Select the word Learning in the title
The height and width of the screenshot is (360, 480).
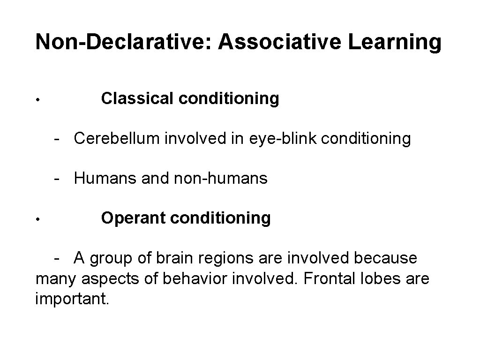click(402, 42)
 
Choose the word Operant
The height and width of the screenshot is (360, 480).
click(133, 218)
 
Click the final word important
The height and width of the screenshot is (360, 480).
click(72, 299)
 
